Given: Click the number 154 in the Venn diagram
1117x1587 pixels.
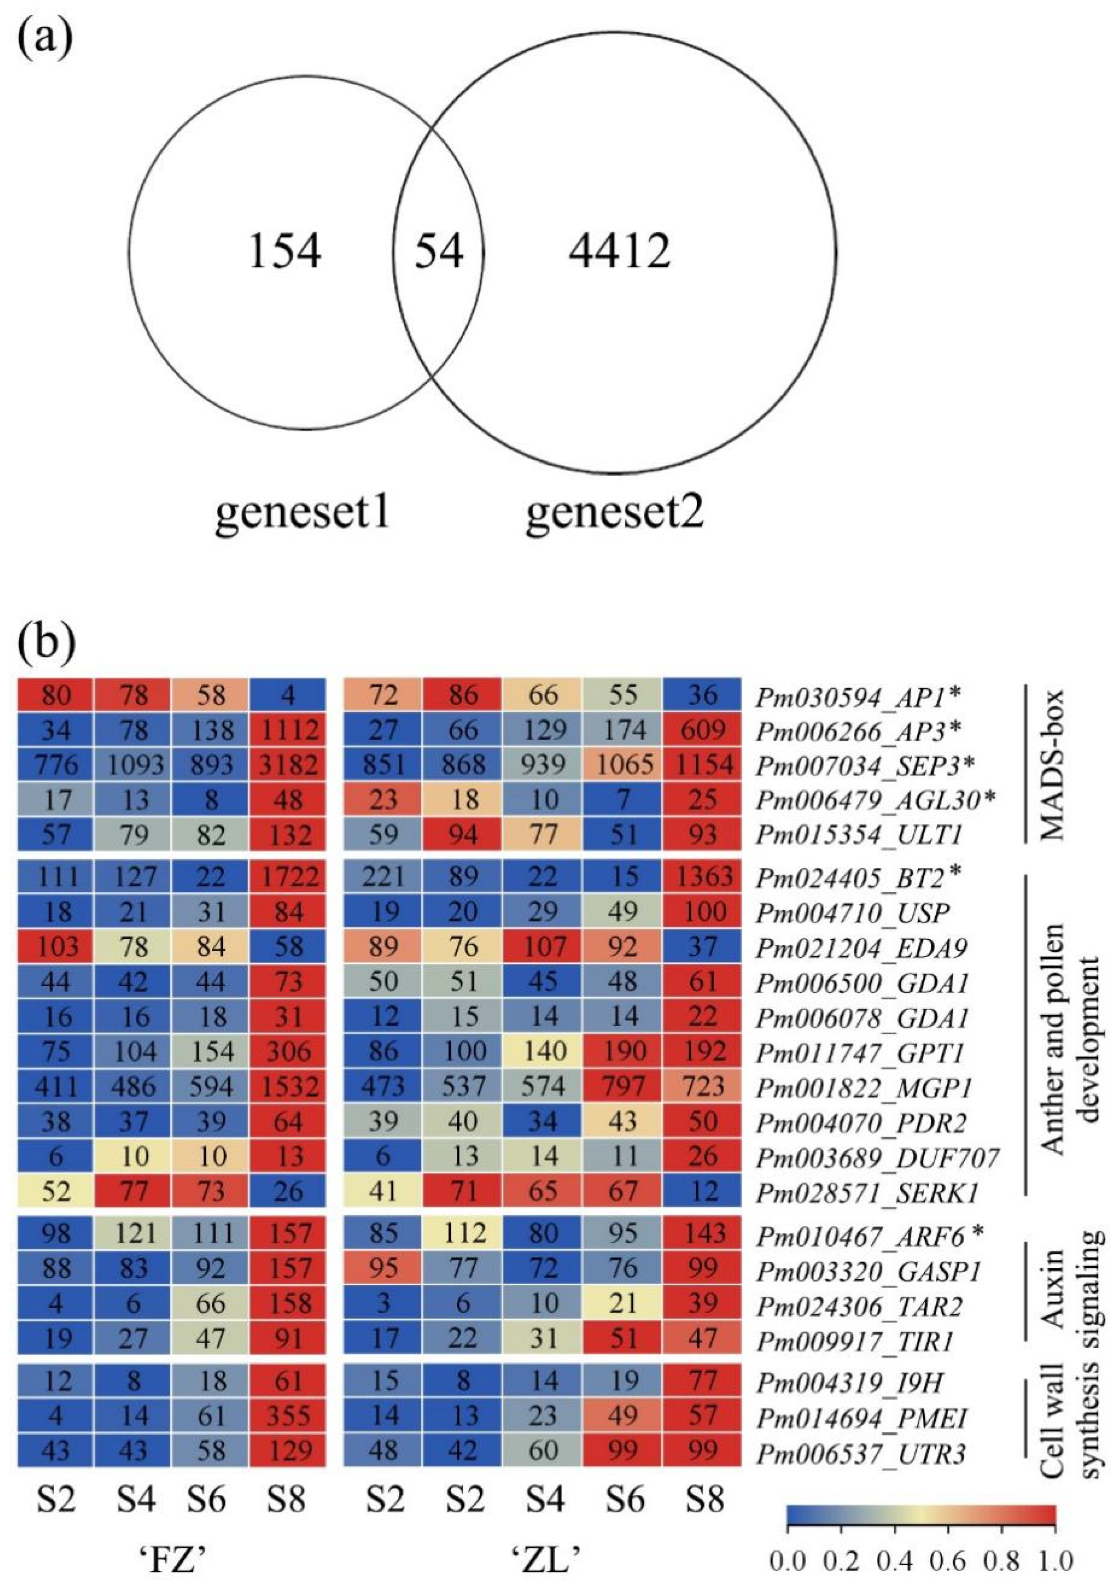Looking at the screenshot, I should (284, 251).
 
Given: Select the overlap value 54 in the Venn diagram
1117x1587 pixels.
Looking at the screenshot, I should (438, 251).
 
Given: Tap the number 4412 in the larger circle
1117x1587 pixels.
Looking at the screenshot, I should (619, 251).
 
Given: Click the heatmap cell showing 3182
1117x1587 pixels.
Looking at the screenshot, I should (288, 765).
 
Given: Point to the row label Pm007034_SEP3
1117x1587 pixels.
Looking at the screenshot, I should (865, 766).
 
